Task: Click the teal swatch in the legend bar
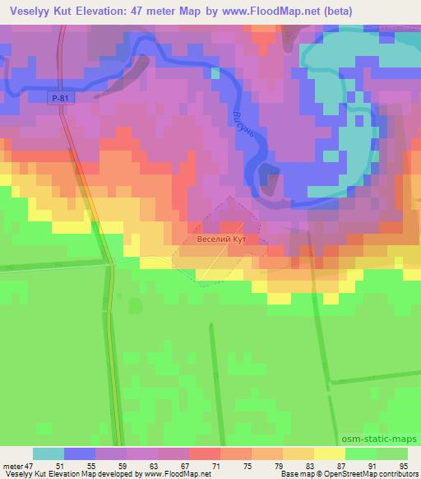tap(49, 453)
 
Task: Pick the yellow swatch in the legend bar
tap(329, 453)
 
